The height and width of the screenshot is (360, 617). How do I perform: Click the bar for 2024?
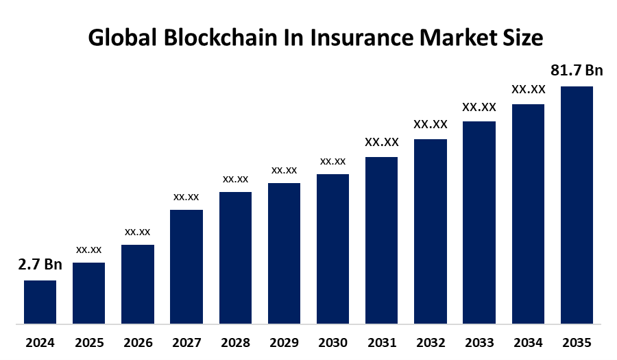pos(40,302)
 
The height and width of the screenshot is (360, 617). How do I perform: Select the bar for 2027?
pos(186,266)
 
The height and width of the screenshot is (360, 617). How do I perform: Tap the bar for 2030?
pos(332,248)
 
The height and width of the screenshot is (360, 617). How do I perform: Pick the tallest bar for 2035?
pos(577,204)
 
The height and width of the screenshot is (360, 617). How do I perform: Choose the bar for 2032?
pos(431,231)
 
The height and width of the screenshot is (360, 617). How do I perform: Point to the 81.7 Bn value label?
pos(577,71)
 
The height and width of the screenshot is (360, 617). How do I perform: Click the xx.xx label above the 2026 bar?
pos(137,232)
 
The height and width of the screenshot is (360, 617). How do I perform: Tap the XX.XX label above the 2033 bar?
pos(479,107)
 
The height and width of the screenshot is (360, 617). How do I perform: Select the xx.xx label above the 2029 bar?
pos(284,170)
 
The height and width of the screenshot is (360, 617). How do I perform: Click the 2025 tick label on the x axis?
pos(88,342)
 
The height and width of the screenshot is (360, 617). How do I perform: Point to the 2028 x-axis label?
pos(235,342)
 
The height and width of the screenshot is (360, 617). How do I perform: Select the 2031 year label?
pos(381,342)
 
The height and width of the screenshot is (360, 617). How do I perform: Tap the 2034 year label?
pos(528,342)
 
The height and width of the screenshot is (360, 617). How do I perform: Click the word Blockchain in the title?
pos(213,38)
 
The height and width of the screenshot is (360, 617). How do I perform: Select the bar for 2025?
pos(88,293)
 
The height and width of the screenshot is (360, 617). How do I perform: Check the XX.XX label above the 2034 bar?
pos(528,89)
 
